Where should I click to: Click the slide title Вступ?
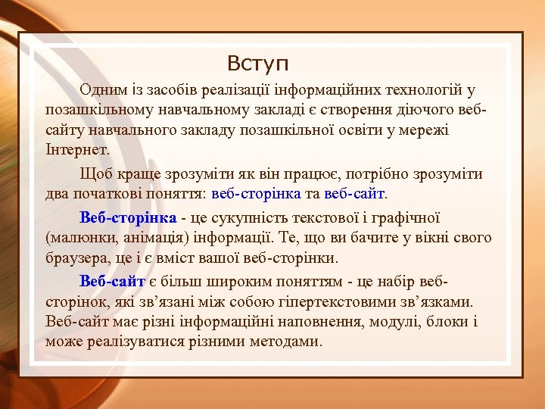257,62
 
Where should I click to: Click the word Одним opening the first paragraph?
104,91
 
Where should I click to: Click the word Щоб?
95,174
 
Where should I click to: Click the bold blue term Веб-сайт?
112,283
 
